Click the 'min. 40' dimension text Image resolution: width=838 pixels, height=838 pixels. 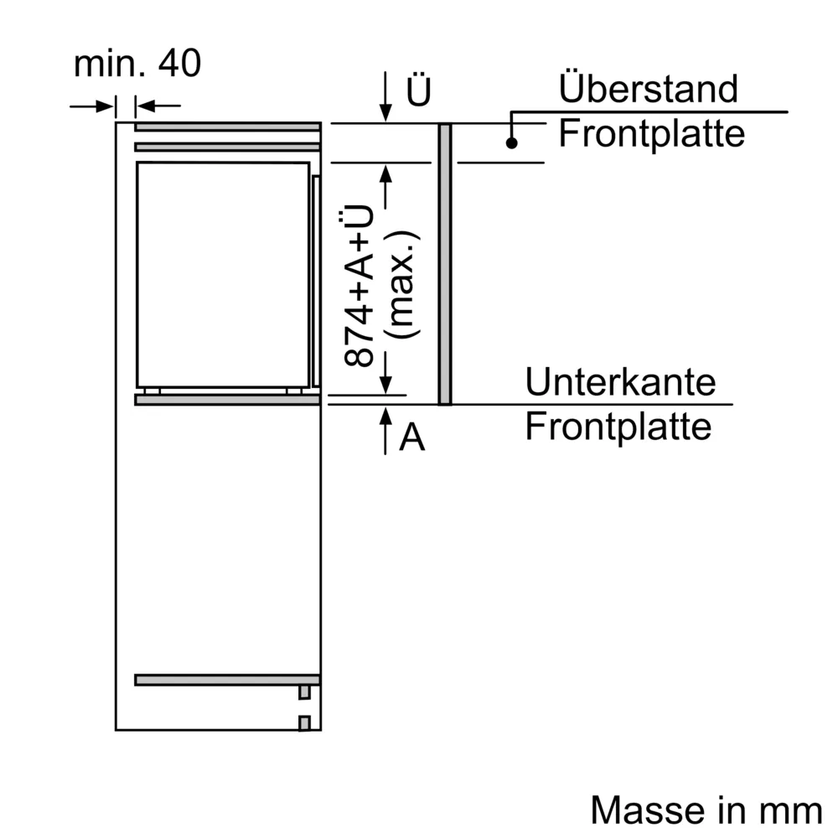pos(137,64)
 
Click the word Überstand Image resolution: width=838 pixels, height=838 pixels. pos(648,89)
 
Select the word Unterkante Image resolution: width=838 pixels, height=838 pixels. pos(620,382)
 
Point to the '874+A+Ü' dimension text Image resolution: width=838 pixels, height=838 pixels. pos(359,287)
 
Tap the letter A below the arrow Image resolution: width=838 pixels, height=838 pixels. pos(411,437)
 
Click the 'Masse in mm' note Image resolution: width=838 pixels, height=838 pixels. pos(706,810)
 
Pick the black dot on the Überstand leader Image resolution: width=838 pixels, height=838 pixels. pos(510,143)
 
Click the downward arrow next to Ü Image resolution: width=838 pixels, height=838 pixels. pos(385,99)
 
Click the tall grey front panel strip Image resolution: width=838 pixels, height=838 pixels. pos(444,264)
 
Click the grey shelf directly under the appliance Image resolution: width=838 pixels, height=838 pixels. pos(227,400)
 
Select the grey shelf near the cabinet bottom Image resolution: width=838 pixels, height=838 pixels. pos(227,680)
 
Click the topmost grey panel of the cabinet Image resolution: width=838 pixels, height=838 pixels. pos(227,127)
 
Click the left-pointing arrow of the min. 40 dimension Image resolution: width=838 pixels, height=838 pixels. pos(156,106)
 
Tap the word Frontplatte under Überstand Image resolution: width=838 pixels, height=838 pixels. pos(651,133)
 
